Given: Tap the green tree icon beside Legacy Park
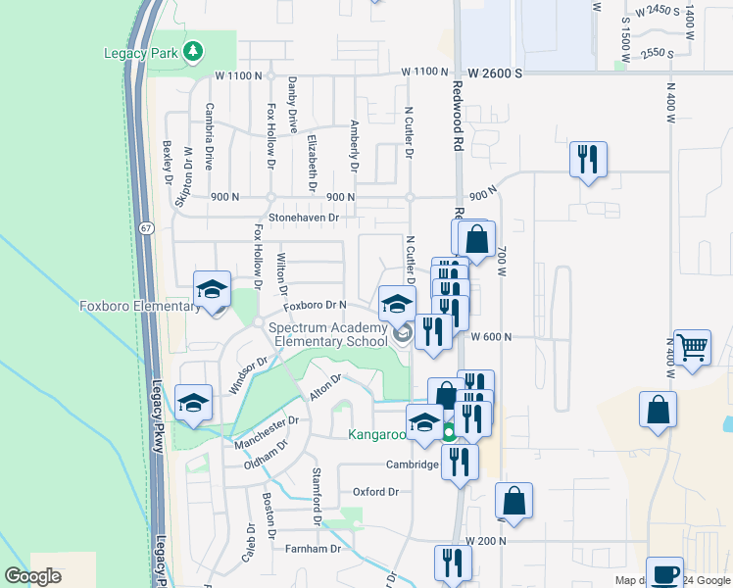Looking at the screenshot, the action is (x=194, y=49).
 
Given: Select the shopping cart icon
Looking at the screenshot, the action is (x=692, y=347).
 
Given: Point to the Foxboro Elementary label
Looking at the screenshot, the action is (x=139, y=307).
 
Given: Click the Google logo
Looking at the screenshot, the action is (x=33, y=576).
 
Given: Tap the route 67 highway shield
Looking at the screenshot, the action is (x=146, y=227).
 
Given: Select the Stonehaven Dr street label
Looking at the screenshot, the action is (x=304, y=217).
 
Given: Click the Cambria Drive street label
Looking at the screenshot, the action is (x=209, y=136).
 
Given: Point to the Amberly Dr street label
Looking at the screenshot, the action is (x=354, y=144).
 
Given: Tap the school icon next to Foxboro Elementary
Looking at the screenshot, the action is (x=211, y=288).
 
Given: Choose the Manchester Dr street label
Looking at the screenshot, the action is (x=266, y=434).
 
